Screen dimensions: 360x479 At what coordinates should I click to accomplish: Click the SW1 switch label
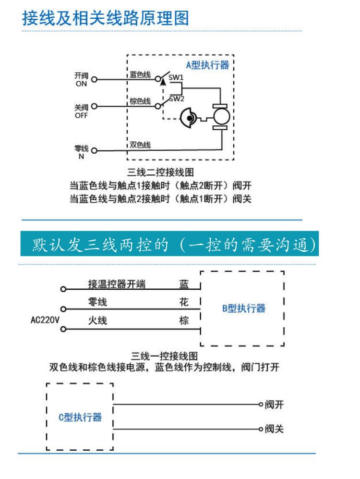pyautogui.click(x=176, y=77)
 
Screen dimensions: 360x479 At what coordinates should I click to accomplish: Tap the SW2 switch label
pyautogui.click(x=177, y=98)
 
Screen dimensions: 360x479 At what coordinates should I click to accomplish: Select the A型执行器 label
pyautogui.click(x=207, y=65)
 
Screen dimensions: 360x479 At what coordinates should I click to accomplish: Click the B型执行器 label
pyautogui.click(x=244, y=308)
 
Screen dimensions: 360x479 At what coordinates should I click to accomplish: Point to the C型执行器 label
pyautogui.click(x=80, y=417)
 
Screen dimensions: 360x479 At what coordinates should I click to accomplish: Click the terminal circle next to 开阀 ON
pyautogui.click(x=94, y=79)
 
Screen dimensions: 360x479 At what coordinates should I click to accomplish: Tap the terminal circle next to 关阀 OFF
pyautogui.click(x=94, y=106)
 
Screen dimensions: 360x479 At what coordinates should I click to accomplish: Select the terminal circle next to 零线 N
pyautogui.click(x=94, y=150)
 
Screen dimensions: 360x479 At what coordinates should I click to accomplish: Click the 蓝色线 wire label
pyautogui.click(x=140, y=74)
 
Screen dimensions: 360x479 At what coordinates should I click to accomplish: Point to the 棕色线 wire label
pyautogui.click(x=140, y=101)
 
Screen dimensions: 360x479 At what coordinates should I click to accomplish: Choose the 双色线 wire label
pyautogui.click(x=140, y=145)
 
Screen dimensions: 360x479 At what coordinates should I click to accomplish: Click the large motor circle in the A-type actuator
pyautogui.click(x=221, y=117)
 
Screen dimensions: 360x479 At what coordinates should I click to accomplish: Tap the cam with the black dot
pyautogui.click(x=188, y=118)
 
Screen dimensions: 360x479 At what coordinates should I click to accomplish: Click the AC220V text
pyautogui.click(x=45, y=320)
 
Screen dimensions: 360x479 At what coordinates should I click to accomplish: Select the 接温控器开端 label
pyautogui.click(x=117, y=284)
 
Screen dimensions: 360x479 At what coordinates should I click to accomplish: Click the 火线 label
pyautogui.click(x=97, y=320)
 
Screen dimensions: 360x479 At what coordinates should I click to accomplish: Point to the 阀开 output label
pyautogui.click(x=274, y=405)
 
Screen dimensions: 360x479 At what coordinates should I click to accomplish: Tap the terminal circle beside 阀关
pyautogui.click(x=261, y=429)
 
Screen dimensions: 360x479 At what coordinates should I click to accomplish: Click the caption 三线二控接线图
pyautogui.click(x=160, y=172)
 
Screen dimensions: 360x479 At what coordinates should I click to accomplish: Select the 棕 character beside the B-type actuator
pyautogui.click(x=184, y=320)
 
